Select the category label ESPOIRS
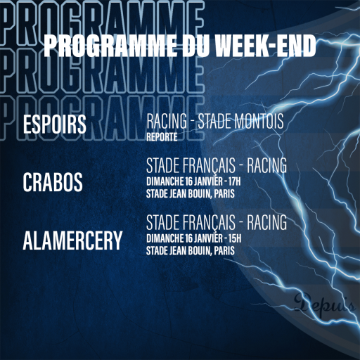coord(55,124)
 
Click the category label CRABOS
coord(53,182)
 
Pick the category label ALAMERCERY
coord(72,240)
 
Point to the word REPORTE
coord(162,137)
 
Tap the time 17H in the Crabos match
coord(235,181)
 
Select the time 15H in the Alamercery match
coord(235,238)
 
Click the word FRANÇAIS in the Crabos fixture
coord(209,165)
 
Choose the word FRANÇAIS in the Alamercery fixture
coord(209,222)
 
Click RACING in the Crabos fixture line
coord(266,165)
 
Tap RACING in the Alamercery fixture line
coord(266,222)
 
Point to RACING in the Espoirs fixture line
coord(167,121)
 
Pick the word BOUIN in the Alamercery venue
coord(199,251)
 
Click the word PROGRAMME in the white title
coord(110,46)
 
